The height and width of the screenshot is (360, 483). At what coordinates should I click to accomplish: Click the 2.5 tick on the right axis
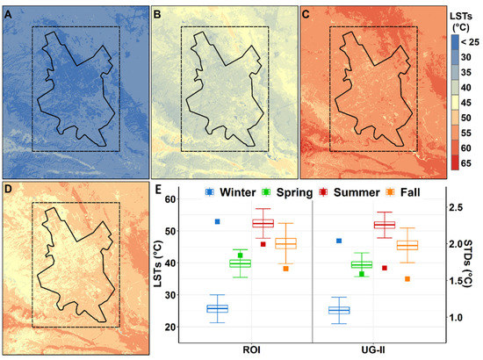[459, 207]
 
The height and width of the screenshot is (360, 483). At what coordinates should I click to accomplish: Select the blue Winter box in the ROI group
[217, 308]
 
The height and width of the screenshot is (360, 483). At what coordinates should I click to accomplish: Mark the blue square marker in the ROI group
[216, 221]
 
